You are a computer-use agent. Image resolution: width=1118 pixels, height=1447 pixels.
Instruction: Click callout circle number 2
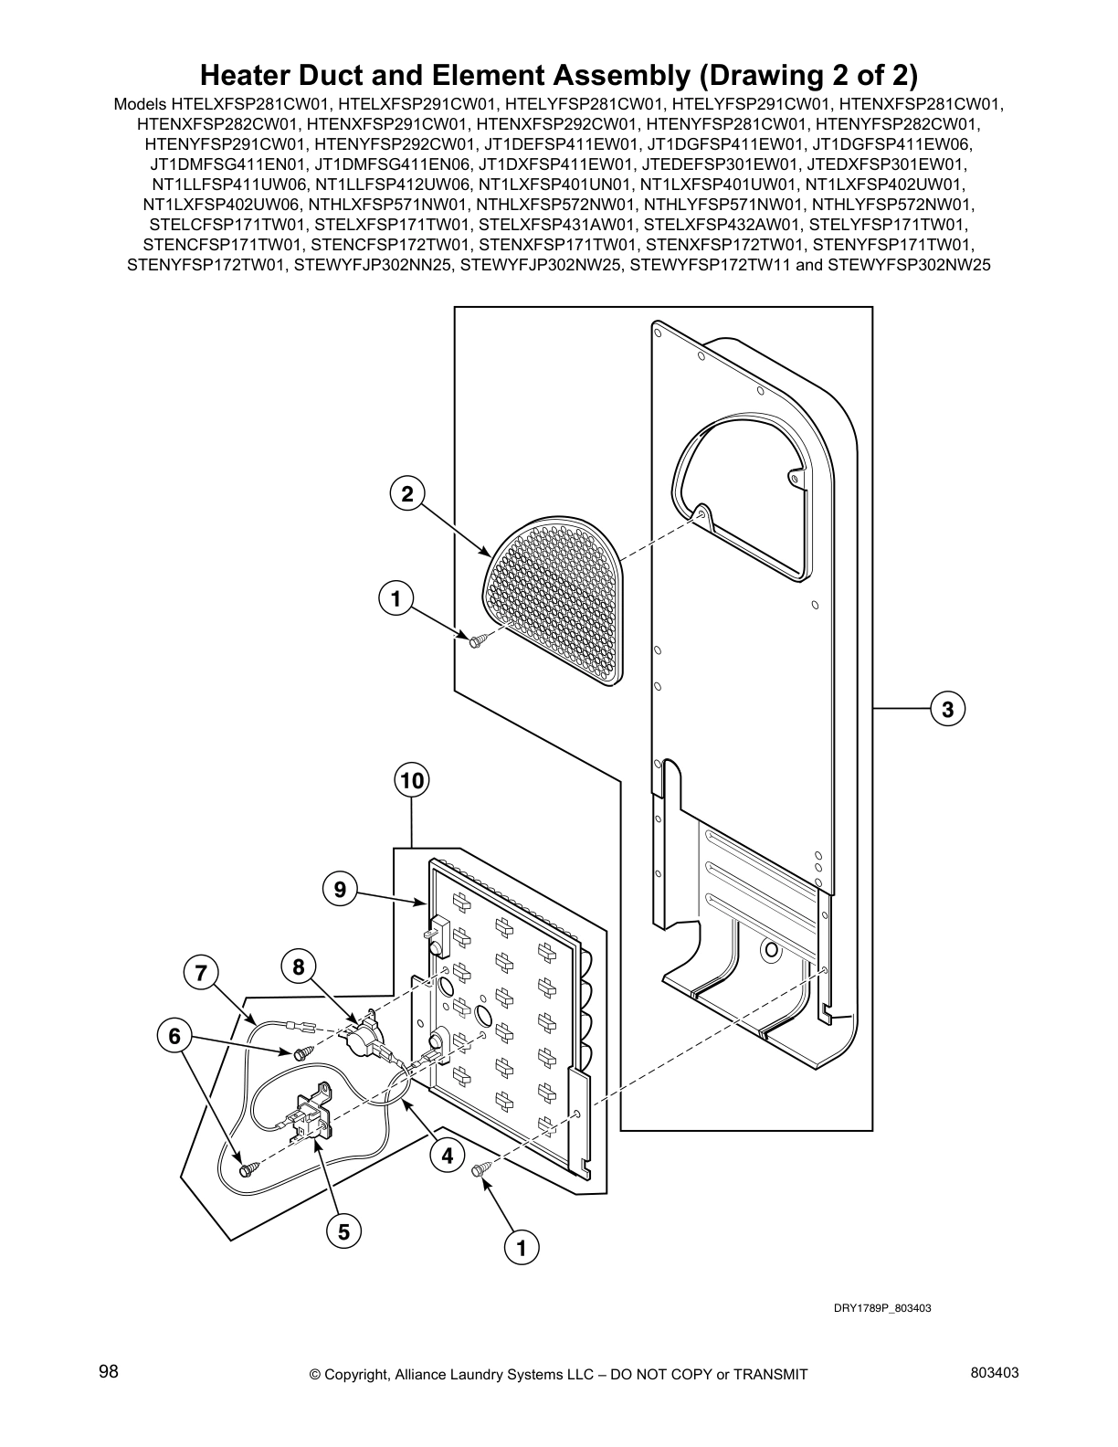pyautogui.click(x=407, y=494)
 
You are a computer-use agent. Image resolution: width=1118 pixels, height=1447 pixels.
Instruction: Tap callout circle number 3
pyautogui.click(x=947, y=708)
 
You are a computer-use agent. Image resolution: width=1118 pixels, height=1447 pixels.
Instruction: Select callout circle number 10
pyautogui.click(x=412, y=781)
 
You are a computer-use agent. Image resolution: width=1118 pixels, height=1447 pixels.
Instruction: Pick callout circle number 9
pyautogui.click(x=340, y=888)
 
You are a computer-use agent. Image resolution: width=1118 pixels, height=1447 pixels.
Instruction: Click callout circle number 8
pyautogui.click(x=299, y=966)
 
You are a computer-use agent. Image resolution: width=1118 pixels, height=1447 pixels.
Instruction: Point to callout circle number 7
pyautogui.click(x=200, y=973)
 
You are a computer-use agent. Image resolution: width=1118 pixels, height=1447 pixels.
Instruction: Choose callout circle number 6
pyautogui.click(x=174, y=1036)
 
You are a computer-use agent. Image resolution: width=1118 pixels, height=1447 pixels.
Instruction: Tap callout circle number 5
pyautogui.click(x=343, y=1231)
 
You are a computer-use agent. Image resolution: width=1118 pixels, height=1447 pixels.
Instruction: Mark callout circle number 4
pyautogui.click(x=447, y=1156)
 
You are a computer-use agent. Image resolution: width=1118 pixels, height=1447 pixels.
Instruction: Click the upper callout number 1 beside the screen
pyautogui.click(x=396, y=599)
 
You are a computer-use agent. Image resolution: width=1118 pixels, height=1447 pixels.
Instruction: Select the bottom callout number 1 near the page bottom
pyautogui.click(x=522, y=1247)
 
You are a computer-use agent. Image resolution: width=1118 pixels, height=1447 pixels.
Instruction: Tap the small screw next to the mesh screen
pyautogui.click(x=476, y=642)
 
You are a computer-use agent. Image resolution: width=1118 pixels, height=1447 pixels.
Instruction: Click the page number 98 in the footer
pyautogui.click(x=109, y=1371)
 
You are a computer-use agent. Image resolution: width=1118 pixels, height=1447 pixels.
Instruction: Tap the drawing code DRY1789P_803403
pyautogui.click(x=881, y=1308)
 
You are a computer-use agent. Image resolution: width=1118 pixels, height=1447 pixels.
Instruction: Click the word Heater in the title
pyautogui.click(x=249, y=73)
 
